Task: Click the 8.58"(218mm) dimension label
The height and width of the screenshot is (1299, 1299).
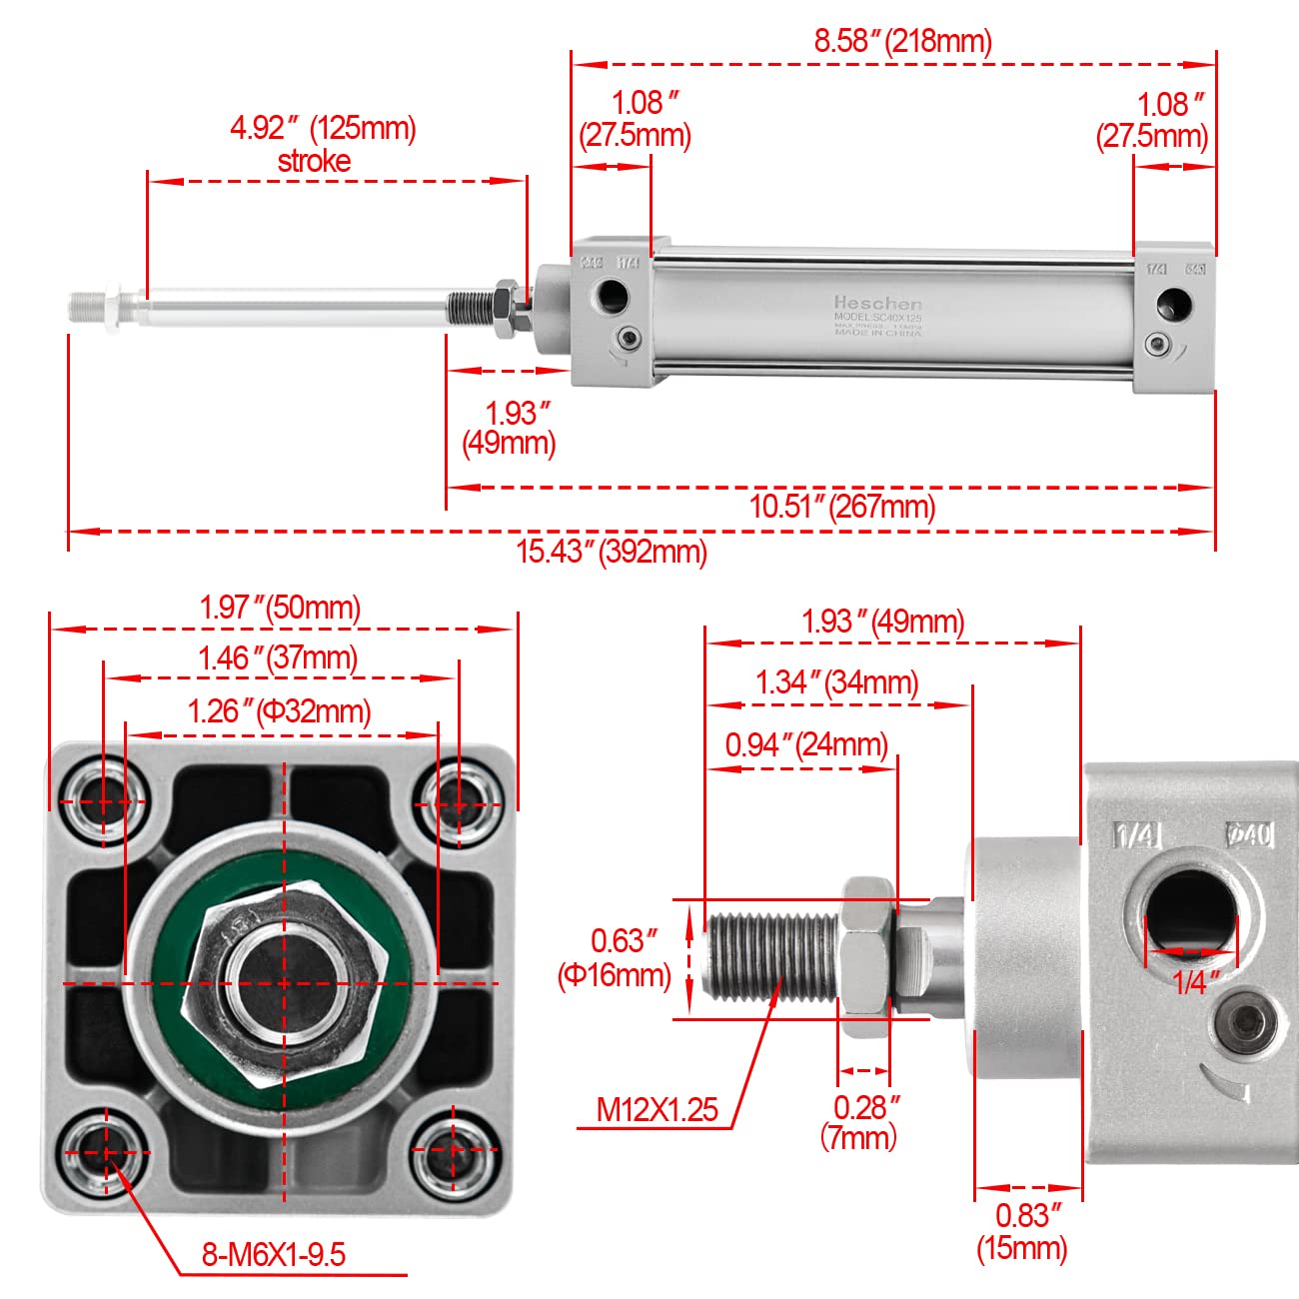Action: [x=902, y=41]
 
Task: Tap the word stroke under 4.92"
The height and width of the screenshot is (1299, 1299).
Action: [x=314, y=162]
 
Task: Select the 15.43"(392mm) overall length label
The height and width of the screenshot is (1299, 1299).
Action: [x=612, y=551]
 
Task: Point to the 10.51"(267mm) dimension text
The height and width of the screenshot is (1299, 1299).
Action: [x=842, y=506]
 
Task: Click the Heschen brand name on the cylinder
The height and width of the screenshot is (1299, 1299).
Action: [x=878, y=302]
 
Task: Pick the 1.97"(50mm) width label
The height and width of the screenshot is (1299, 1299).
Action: [x=280, y=607]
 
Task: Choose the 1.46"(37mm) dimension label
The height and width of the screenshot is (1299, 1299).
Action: [x=277, y=657]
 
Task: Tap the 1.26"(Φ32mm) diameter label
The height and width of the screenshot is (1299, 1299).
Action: [x=279, y=710]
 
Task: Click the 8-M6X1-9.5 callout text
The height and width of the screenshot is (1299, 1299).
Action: [x=274, y=1254]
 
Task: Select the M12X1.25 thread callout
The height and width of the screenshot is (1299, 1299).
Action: [x=656, y=1109]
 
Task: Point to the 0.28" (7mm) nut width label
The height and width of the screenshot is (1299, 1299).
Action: [x=865, y=1121]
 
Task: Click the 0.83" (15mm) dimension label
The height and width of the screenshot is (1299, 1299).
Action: [x=1022, y=1231]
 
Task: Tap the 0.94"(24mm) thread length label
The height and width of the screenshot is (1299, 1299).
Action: [x=806, y=744]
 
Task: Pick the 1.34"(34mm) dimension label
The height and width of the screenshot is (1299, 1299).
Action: [x=836, y=682]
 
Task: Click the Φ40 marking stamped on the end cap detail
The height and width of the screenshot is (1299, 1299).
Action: [x=1250, y=832]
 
